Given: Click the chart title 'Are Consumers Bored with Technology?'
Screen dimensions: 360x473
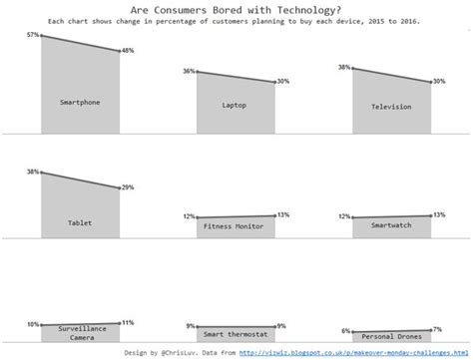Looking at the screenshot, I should (x=236, y=9).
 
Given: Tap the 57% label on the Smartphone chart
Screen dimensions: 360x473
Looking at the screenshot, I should (x=33, y=35).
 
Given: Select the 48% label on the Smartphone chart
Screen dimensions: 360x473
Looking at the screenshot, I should (x=129, y=51).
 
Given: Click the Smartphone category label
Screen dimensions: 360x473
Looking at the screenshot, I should (x=80, y=102).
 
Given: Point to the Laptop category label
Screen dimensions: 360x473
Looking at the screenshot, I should (x=235, y=106).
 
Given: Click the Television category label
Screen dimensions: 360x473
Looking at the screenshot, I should (x=390, y=106).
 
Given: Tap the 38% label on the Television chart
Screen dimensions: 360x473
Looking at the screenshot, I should (x=344, y=68).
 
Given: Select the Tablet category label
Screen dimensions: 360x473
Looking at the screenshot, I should (x=80, y=222).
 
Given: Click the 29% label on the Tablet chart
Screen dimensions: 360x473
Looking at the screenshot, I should (x=129, y=187).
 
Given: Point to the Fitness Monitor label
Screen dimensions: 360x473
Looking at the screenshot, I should (x=235, y=226).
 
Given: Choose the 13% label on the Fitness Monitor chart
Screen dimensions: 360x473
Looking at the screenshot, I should (x=283, y=214).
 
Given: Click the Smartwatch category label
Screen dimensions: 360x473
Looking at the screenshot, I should (x=390, y=226).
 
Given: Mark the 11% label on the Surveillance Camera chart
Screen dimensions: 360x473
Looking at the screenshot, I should (x=128, y=322).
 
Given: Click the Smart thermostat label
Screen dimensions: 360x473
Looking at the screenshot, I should (x=235, y=337).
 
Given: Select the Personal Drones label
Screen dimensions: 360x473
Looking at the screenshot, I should (x=390, y=338).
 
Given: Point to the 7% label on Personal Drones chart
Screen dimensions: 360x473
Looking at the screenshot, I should (x=438, y=328).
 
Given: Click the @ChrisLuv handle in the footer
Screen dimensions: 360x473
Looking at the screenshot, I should (x=181, y=352).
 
